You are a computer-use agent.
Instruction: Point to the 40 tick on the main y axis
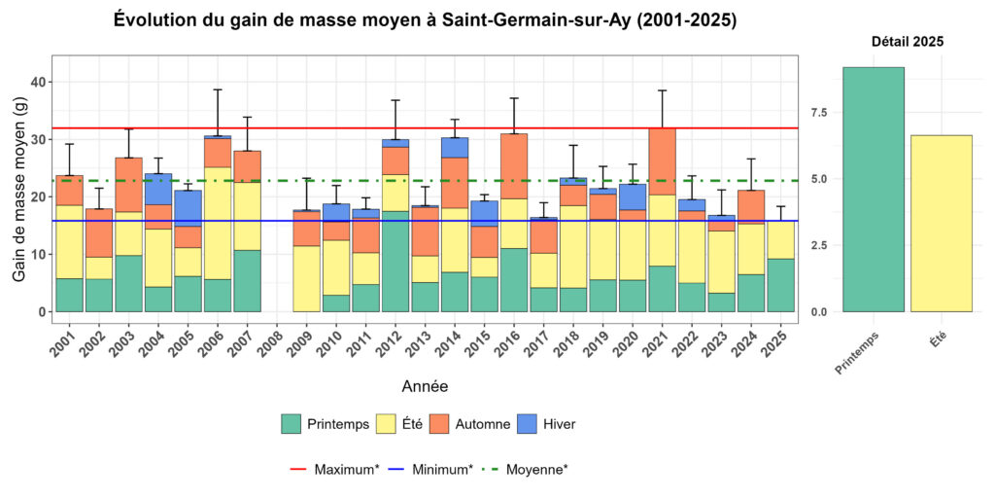tap(37, 83)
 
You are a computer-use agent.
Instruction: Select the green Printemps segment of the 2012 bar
tap(395, 261)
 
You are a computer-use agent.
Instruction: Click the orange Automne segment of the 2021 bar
tap(662, 161)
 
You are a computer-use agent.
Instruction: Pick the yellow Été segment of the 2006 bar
tap(218, 223)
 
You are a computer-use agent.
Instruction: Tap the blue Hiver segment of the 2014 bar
tap(455, 147)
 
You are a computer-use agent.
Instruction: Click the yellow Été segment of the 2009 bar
tap(307, 278)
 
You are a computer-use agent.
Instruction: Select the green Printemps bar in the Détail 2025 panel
tap(874, 190)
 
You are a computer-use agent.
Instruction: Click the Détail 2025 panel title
tap(907, 42)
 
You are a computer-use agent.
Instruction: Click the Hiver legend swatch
tap(532, 424)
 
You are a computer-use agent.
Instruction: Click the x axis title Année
tap(425, 386)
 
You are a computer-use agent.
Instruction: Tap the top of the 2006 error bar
tap(218, 89)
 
